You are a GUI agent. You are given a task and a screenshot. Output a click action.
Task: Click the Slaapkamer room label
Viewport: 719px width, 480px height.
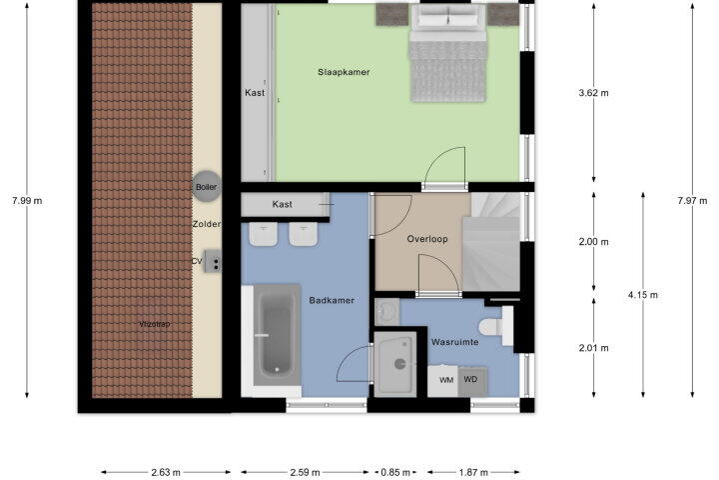click(344, 72)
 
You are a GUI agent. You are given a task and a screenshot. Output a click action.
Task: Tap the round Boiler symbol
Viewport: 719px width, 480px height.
click(207, 186)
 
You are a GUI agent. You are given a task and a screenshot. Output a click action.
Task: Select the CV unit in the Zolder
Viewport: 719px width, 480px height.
click(213, 261)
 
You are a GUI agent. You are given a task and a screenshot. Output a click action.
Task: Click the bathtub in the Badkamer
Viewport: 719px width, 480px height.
click(277, 335)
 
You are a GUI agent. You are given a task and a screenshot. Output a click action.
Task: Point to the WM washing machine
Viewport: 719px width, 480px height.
click(443, 381)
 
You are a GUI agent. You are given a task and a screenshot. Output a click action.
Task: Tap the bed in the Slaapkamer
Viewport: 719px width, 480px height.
click(447, 53)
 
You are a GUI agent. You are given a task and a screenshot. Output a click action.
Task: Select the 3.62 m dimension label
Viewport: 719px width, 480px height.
click(594, 93)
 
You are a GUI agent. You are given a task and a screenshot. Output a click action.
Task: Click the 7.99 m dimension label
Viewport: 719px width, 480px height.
click(27, 201)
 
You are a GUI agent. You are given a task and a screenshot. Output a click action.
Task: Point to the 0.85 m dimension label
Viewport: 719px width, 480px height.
click(395, 472)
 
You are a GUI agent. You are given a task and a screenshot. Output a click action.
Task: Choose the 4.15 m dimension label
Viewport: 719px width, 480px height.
click(643, 295)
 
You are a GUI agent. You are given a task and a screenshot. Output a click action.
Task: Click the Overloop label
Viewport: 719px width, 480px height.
click(427, 239)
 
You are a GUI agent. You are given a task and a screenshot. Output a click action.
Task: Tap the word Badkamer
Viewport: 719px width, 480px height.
click(332, 300)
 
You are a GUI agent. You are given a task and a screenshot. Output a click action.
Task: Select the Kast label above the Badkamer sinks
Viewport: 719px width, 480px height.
click(282, 204)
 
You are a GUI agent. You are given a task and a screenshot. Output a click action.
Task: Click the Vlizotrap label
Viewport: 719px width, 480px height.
click(155, 324)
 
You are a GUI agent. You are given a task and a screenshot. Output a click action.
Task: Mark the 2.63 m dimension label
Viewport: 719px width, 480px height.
click(166, 472)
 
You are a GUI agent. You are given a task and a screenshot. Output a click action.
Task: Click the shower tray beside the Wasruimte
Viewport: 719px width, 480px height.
click(395, 364)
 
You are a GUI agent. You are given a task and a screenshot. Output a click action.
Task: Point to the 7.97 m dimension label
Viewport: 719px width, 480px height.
click(692, 201)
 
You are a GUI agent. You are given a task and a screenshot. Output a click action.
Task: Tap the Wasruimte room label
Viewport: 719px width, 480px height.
click(455, 342)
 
